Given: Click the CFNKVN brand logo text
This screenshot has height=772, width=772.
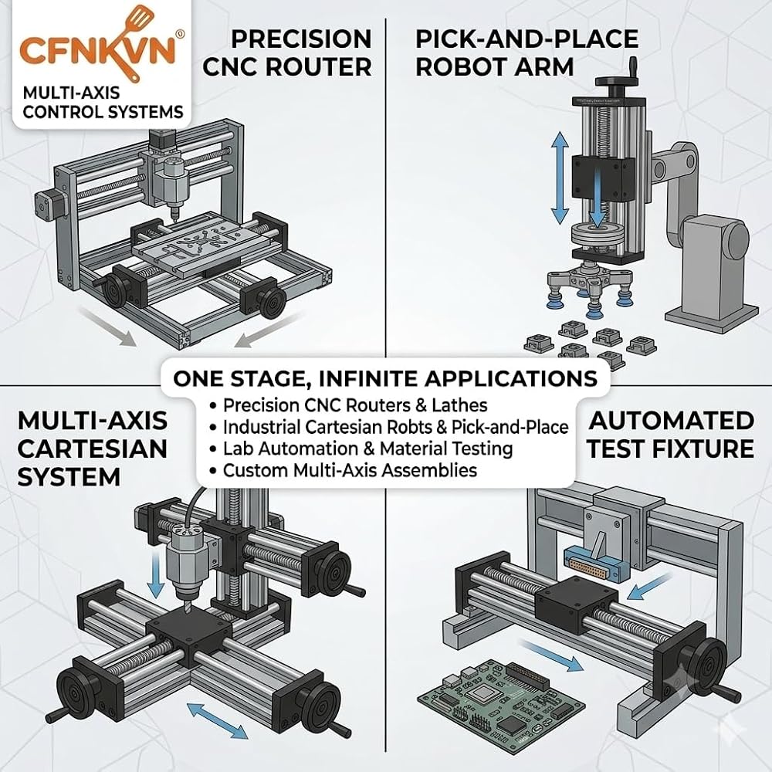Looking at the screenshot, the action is (97, 49).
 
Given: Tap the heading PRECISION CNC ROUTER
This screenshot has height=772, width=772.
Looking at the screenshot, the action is (287, 53).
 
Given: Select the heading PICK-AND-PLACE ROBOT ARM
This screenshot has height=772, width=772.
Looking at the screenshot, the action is (527, 53).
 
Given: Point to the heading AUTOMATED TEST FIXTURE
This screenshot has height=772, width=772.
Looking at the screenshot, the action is (671, 435).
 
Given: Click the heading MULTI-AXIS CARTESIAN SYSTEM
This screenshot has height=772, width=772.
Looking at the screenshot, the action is (92, 449).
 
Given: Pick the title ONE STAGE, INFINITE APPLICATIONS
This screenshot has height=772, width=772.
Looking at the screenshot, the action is (385, 378).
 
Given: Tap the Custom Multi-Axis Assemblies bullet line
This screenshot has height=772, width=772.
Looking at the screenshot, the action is (344, 470).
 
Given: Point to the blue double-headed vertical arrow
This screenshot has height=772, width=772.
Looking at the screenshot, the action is (560, 179).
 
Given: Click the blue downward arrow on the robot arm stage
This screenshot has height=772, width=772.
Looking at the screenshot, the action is (598, 196).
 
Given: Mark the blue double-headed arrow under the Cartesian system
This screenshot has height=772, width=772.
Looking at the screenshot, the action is (217, 721).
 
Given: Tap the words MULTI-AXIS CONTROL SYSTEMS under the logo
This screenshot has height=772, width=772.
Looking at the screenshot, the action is (103, 102).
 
